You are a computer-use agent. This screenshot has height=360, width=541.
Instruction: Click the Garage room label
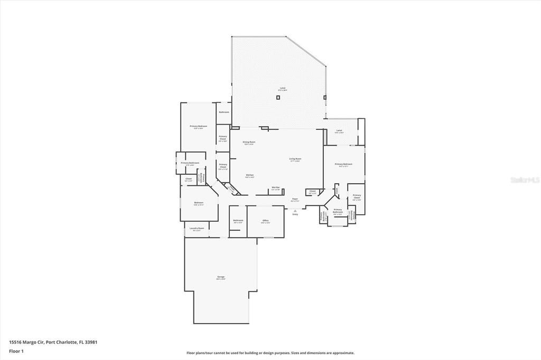[221, 277]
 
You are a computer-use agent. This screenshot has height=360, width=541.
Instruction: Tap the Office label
[266, 220]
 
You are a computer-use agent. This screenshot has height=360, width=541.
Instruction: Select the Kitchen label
[250, 175]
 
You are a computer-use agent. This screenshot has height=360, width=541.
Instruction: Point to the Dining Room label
[249, 142]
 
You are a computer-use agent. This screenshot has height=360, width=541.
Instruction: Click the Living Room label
[295, 159]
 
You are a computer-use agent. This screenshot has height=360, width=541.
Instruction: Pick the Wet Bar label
[275, 187]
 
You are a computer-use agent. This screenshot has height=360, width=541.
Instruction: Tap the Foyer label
[295, 199]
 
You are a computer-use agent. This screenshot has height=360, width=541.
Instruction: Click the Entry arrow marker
[295, 210]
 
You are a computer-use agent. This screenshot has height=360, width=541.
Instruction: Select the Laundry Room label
[197, 228]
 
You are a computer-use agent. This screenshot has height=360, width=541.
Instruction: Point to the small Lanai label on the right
[339, 130]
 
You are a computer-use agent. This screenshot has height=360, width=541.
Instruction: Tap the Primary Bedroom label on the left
[199, 126]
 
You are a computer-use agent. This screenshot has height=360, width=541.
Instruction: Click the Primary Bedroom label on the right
[343, 164]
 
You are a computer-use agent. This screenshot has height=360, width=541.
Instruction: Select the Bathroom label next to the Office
[238, 220]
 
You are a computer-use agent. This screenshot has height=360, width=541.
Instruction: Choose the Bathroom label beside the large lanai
[224, 112]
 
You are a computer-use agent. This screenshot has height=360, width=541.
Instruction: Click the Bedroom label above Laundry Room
[199, 203]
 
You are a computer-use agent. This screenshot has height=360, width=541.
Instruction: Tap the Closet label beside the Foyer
[313, 191]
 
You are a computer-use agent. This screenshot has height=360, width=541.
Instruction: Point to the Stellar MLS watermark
[525, 180]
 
